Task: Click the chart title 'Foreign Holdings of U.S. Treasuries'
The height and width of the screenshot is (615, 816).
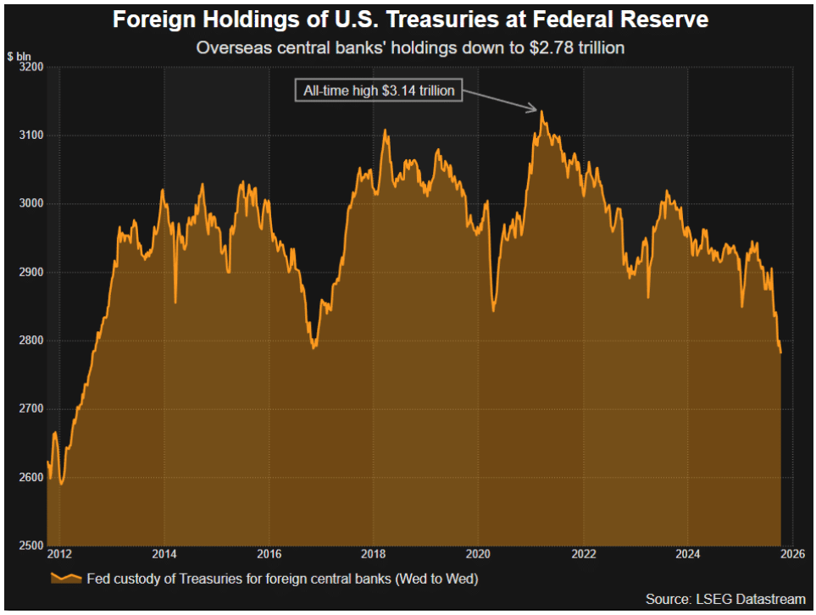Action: click(x=410, y=19)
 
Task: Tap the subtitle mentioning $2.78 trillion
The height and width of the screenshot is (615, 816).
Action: click(x=410, y=47)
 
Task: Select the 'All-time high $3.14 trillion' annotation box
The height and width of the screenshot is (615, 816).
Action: click(x=379, y=90)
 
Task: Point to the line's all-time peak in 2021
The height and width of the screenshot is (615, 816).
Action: click(x=541, y=112)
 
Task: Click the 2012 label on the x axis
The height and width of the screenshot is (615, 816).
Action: click(x=59, y=555)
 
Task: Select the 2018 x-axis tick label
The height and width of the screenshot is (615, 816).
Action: click(x=374, y=555)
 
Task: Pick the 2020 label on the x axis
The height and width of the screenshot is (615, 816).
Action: click(x=479, y=555)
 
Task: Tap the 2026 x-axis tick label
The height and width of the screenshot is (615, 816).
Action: click(x=793, y=555)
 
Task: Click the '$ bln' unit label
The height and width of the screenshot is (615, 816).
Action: click(x=19, y=56)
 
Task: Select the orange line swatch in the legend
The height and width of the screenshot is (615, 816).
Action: click(x=66, y=579)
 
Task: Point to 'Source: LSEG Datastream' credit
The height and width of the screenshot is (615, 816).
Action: click(x=725, y=599)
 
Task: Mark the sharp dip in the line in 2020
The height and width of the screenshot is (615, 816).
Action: click(x=493, y=310)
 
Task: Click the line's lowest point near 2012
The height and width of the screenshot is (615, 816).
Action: click(x=62, y=484)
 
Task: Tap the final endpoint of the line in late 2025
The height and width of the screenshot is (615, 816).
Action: click(x=780, y=352)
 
